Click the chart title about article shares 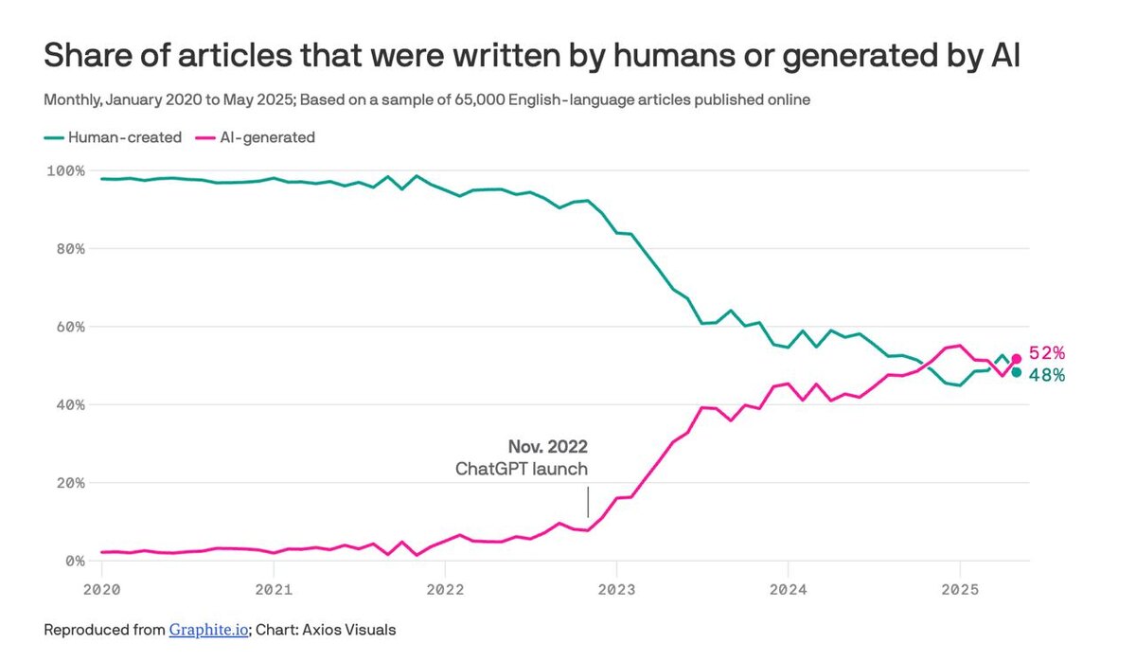click(x=532, y=57)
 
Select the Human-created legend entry click(x=124, y=137)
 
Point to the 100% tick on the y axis click(x=65, y=170)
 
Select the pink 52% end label click(x=1047, y=353)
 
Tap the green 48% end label click(x=1047, y=375)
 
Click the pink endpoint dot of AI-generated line click(x=1017, y=358)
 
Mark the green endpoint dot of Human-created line click(x=1017, y=372)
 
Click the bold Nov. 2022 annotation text click(x=547, y=447)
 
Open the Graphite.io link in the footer click(x=209, y=629)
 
